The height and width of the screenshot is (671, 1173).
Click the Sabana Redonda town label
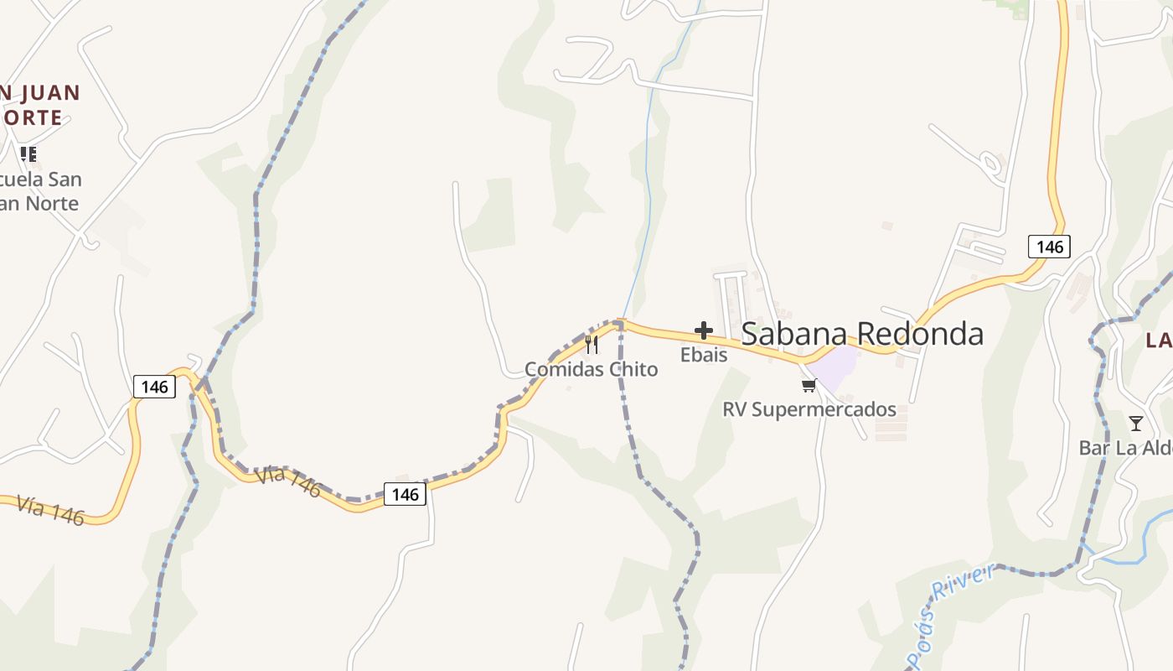click(x=862, y=334)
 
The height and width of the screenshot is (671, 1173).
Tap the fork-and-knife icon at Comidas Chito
click(x=592, y=344)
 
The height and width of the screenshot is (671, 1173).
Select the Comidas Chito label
click(x=592, y=369)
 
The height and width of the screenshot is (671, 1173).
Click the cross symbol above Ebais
click(x=704, y=330)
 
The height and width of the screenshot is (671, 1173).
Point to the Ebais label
click(x=704, y=355)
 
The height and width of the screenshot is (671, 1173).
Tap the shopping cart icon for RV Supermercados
click(x=809, y=385)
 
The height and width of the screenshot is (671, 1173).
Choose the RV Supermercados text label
click(x=809, y=409)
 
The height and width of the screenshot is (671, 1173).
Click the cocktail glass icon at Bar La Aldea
click(x=1135, y=423)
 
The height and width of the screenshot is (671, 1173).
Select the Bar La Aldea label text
click(x=1125, y=448)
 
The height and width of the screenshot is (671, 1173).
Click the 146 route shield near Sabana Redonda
click(x=1049, y=247)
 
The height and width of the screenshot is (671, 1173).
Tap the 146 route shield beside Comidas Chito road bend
click(x=406, y=494)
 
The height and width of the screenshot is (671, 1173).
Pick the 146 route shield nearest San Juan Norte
click(x=154, y=387)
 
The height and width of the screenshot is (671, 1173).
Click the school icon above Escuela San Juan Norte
click(x=28, y=154)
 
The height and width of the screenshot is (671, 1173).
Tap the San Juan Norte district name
click(x=39, y=105)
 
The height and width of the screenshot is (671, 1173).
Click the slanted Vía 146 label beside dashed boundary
click(x=288, y=481)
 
